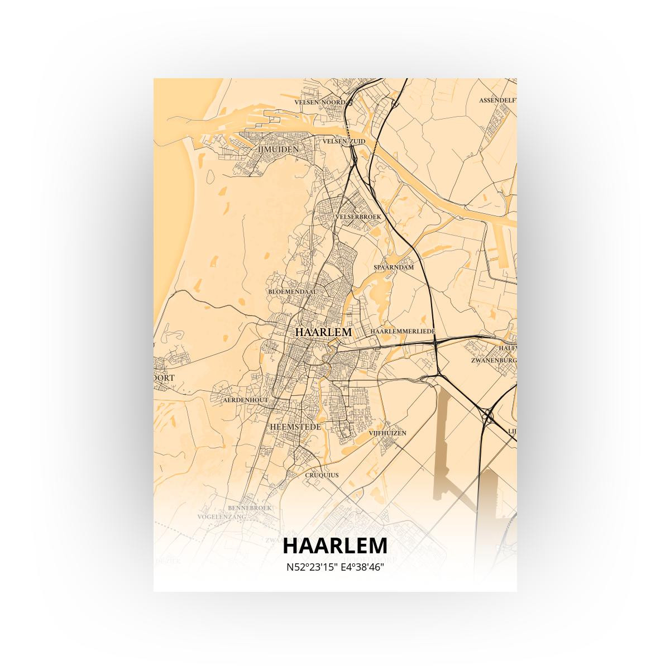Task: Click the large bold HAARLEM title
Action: pyautogui.click(x=335, y=545)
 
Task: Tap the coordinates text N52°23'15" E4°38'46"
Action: pyautogui.click(x=335, y=567)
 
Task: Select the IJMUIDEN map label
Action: pyautogui.click(x=277, y=150)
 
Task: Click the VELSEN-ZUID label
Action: pyautogui.click(x=344, y=141)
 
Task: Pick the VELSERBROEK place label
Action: pyautogui.click(x=358, y=216)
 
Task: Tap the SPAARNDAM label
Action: pyautogui.click(x=394, y=267)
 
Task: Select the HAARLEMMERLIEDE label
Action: pyautogui.click(x=402, y=331)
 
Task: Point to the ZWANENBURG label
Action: pyautogui.click(x=494, y=361)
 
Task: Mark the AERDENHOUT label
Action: pyautogui.click(x=245, y=400)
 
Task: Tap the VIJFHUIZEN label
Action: pyautogui.click(x=387, y=433)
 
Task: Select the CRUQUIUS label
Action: pyautogui.click(x=322, y=475)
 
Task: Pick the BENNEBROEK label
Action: pyautogui.click(x=250, y=508)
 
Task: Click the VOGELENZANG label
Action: pyautogui.click(x=222, y=518)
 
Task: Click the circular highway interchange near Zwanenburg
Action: pyautogui.click(x=487, y=416)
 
